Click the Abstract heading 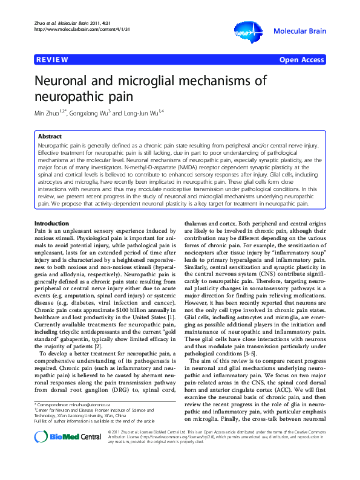50,137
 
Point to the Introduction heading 53,224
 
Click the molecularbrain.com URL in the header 73,28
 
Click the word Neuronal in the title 67,82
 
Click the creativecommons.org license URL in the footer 182,453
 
